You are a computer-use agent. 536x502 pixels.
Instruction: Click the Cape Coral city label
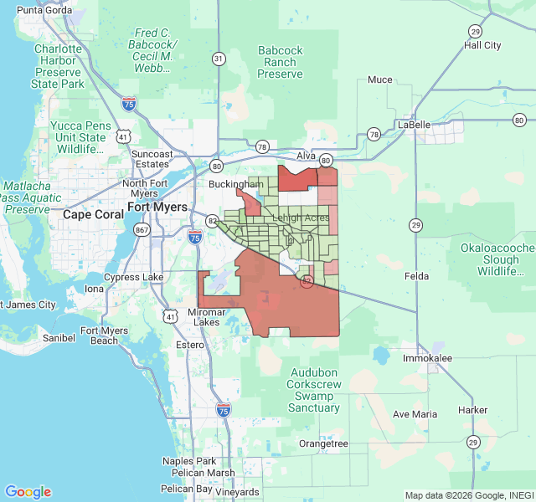tap(92, 214)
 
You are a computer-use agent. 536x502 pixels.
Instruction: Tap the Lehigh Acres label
tap(301, 218)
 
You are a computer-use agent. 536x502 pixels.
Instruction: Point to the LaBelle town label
tap(414, 125)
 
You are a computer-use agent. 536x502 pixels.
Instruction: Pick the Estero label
tap(189, 345)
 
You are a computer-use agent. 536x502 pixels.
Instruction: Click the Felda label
tap(416, 276)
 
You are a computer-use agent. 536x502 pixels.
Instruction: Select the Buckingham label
tap(237, 183)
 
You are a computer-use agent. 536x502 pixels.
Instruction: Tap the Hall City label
tap(482, 45)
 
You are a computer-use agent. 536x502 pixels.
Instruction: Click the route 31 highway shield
tap(219, 59)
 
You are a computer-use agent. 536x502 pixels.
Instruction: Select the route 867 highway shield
tap(141, 229)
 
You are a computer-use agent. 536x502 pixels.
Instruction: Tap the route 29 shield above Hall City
tap(475, 31)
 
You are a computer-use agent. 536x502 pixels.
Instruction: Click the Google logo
tap(28, 492)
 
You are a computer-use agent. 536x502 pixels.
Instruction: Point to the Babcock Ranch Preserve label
tap(280, 63)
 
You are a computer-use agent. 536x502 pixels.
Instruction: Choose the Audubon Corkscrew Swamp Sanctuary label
tap(314, 390)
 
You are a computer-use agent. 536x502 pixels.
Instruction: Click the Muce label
tap(379, 80)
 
